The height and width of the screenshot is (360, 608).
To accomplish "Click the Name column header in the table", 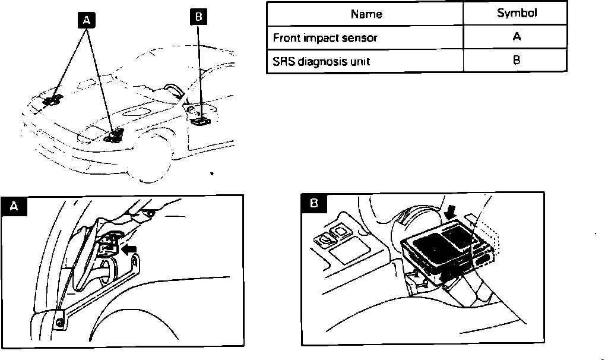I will click(366, 14).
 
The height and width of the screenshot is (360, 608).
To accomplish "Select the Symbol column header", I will click(516, 13).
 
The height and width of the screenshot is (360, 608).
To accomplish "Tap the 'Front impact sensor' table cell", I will click(325, 37).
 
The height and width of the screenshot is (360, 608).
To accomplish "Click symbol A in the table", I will click(516, 37).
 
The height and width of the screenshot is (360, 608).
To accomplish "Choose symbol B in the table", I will click(516, 61).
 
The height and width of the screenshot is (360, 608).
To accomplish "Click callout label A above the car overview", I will click(87, 20).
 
